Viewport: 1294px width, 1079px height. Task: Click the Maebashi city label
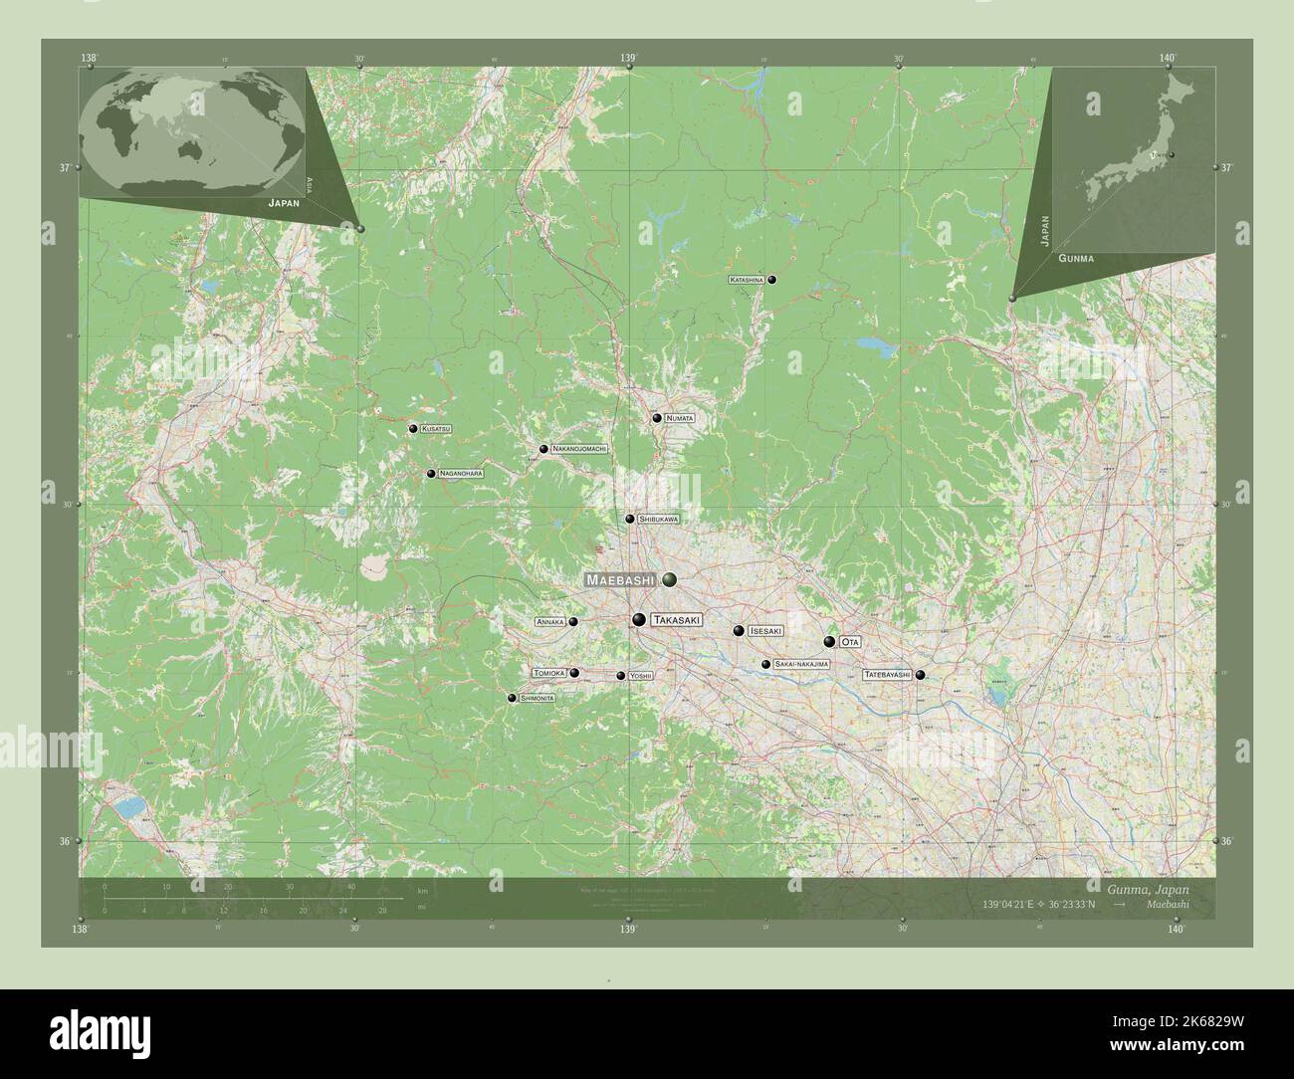pos(619,579)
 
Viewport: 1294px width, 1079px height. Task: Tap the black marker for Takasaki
pos(639,621)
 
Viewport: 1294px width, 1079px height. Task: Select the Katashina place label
pos(747,281)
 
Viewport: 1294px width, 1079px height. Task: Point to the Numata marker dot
pos(657,418)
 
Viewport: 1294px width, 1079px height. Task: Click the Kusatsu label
pos(435,429)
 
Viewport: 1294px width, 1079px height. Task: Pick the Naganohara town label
pos(461,474)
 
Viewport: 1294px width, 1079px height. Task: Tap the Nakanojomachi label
pos(578,449)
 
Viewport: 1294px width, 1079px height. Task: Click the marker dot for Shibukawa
pos(630,519)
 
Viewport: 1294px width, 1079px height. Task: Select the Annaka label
pos(550,622)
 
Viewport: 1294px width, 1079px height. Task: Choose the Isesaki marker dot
pos(739,630)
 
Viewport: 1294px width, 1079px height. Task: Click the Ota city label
pos(849,642)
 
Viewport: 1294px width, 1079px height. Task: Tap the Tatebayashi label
pos(887,675)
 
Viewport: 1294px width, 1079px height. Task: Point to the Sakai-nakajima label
pos(800,664)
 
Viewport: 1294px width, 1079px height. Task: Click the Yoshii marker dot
pos(621,676)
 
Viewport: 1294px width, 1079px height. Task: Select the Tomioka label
pos(549,673)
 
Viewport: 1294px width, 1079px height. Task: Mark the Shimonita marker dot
pos(512,699)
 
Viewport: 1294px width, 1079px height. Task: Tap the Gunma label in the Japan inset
pos(1077,258)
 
